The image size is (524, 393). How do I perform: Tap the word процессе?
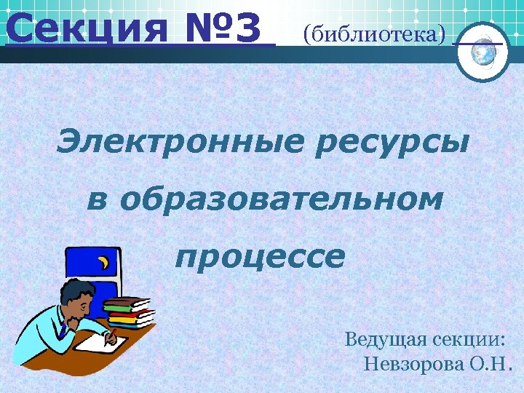click(x=260, y=257)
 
